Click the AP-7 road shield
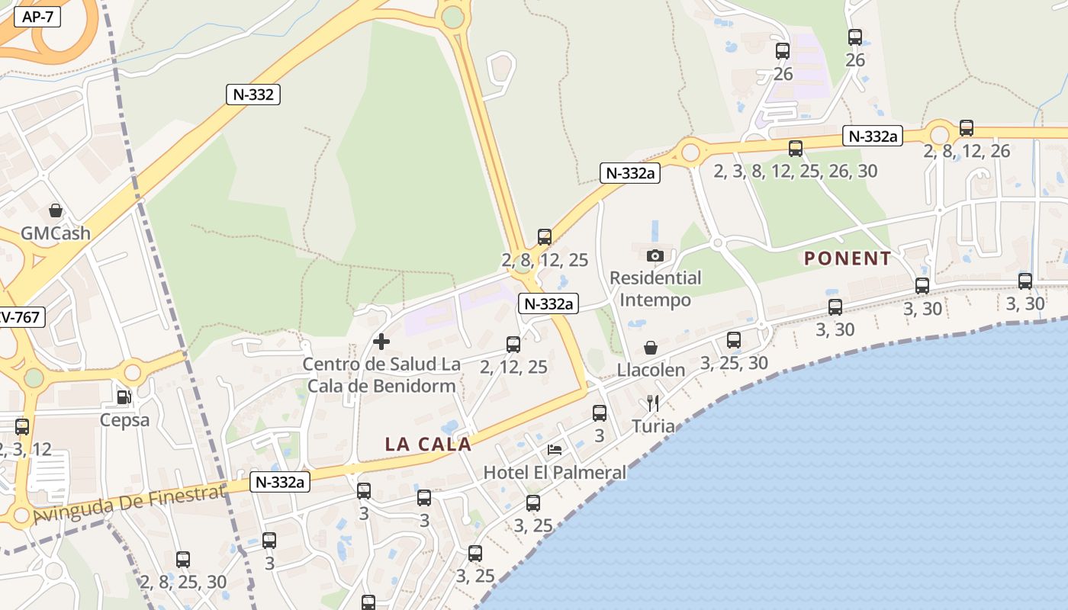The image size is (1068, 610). pos(37,17)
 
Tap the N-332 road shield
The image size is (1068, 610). pos(254,95)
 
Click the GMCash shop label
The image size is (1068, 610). pos(56,233)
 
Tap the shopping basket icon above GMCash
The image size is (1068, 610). pos(56,210)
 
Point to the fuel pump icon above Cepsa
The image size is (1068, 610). pos(124,397)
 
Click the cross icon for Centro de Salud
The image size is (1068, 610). pos(381,342)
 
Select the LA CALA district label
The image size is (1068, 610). pos(428,444)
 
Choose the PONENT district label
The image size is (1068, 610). pos(848,258)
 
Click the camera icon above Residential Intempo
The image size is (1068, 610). pos(655,255)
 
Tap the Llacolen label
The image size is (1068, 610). pos(651,371)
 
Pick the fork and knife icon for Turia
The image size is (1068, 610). pos(652,403)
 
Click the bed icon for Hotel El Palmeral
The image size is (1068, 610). pos(555,450)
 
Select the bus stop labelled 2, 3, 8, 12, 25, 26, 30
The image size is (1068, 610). pos(796,149)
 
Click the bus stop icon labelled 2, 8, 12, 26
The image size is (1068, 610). pos(967,128)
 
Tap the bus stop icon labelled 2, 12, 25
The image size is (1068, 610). pos(513,345)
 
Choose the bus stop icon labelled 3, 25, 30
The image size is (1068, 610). pos(734,340)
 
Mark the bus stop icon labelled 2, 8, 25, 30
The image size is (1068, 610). pos(183,560)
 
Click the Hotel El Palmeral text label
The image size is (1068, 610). pos(555,473)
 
